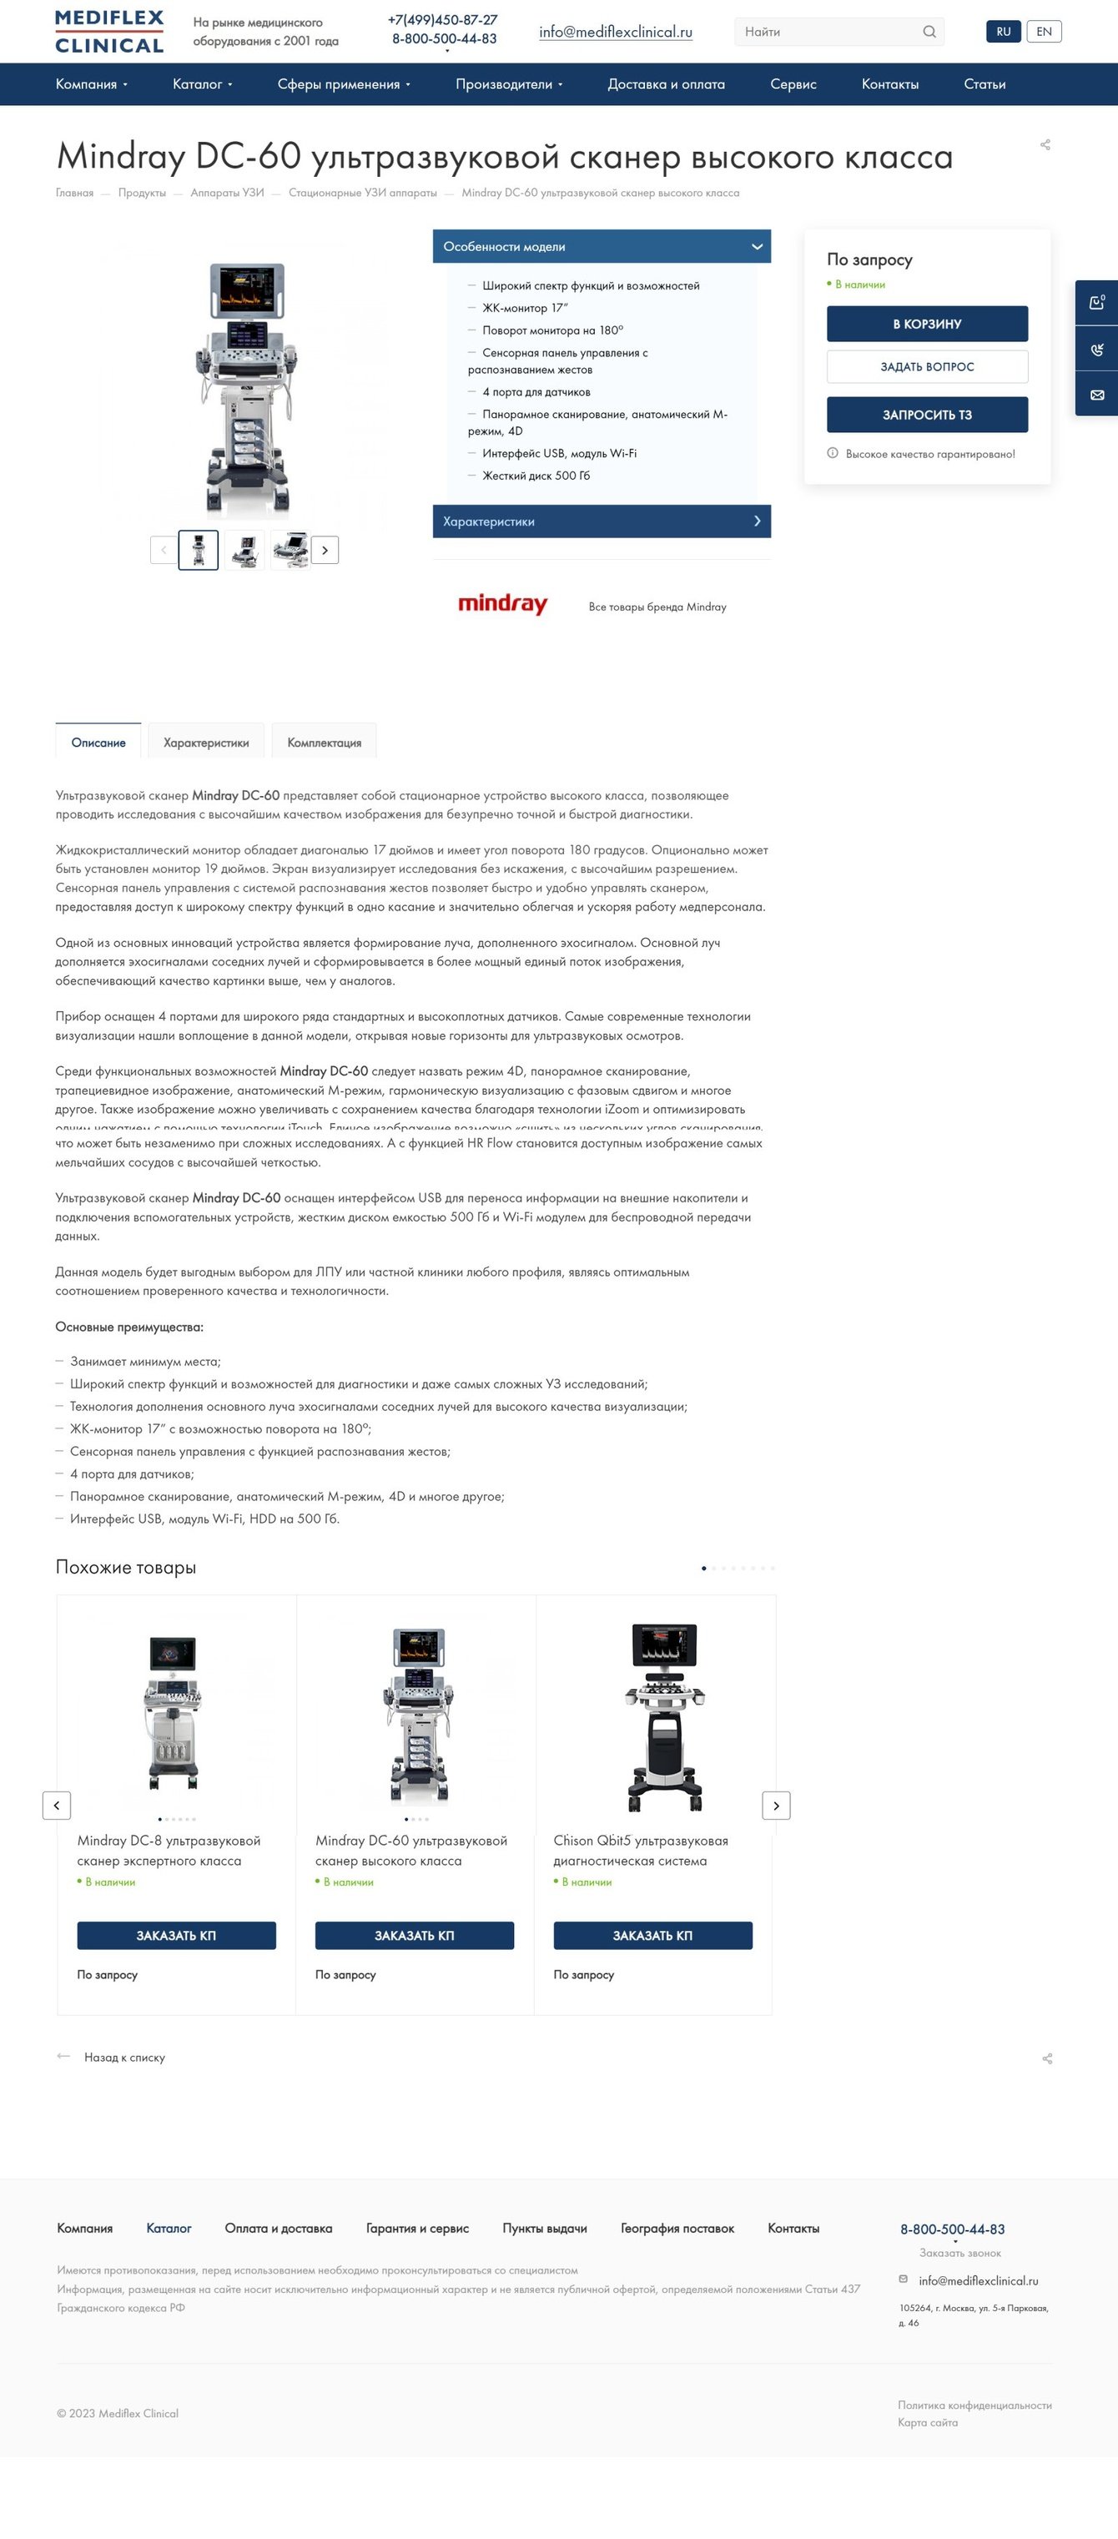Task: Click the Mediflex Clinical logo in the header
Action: (x=109, y=32)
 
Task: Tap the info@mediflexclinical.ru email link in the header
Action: (x=615, y=32)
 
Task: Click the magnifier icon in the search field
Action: (x=929, y=32)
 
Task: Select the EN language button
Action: (x=1043, y=32)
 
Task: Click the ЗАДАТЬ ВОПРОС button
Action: (x=927, y=366)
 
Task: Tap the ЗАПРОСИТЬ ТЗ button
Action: (x=927, y=415)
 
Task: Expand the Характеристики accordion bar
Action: (x=602, y=521)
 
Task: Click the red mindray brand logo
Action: (x=503, y=604)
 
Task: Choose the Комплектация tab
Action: (x=325, y=743)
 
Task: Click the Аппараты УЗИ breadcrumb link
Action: (x=227, y=194)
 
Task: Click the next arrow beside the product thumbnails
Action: (x=325, y=550)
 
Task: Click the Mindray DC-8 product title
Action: (x=169, y=1850)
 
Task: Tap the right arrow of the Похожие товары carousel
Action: (x=776, y=1805)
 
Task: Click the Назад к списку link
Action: (x=124, y=2057)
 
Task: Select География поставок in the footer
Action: (x=677, y=2228)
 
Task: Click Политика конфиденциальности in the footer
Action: (x=974, y=2404)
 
